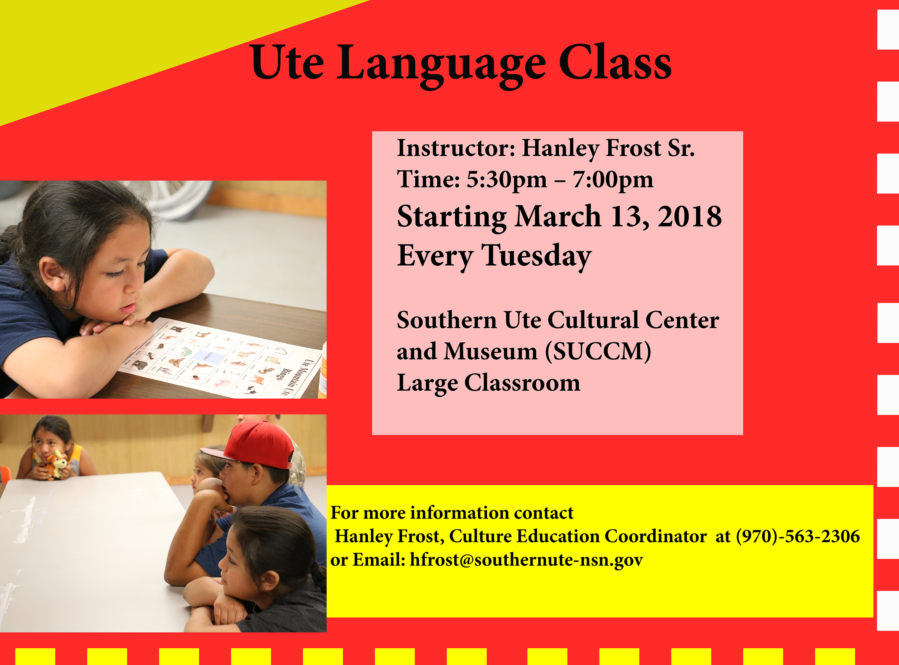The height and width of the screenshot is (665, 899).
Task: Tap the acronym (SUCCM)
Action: coord(598,351)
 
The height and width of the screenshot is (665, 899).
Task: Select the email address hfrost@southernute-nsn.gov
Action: coord(526,560)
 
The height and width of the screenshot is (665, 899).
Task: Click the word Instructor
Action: coord(453,148)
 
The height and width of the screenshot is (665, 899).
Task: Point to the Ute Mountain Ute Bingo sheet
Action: coord(221,358)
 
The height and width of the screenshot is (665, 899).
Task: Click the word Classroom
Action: coord(522,383)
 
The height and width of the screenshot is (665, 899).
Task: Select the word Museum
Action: coord(490,351)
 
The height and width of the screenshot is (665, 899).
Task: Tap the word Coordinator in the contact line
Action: coord(655,536)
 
